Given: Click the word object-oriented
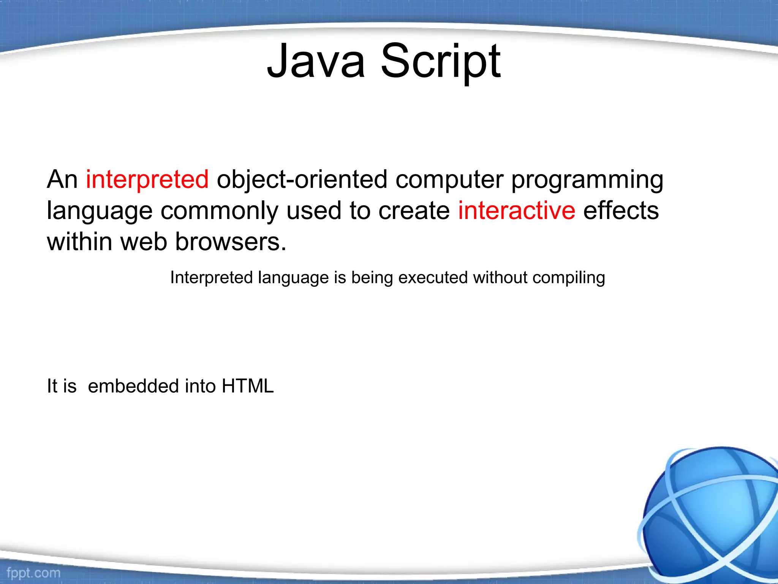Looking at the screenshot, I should [302, 180].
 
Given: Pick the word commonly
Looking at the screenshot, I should [220, 211].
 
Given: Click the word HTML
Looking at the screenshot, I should [248, 386].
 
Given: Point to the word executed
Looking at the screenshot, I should [433, 278].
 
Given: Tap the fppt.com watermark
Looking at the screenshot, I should [33, 573].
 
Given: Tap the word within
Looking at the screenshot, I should [79, 242].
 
